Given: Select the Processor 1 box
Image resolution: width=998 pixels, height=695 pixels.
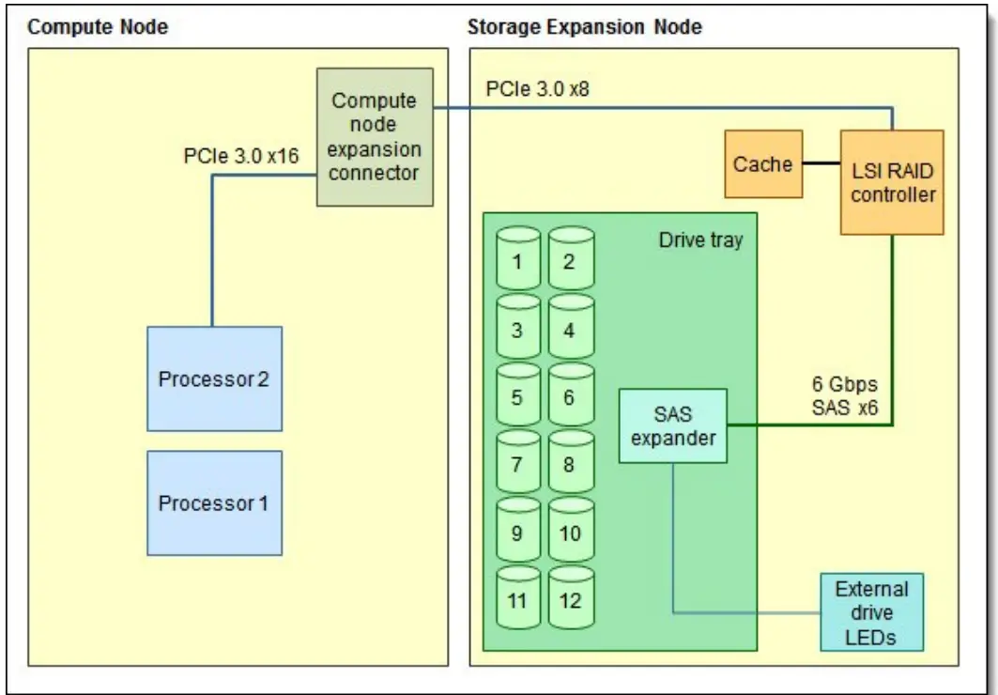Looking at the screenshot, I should (x=214, y=502).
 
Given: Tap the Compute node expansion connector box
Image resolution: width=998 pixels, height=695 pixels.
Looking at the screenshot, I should (x=375, y=137).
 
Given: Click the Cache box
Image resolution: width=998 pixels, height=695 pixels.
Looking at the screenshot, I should (x=763, y=164).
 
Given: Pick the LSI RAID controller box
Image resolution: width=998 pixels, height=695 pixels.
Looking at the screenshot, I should (x=893, y=181).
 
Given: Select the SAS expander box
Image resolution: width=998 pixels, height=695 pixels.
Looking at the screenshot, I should (x=673, y=425).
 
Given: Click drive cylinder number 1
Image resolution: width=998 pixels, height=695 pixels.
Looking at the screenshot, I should (x=517, y=260).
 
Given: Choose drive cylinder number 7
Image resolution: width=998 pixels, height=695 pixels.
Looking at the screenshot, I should (x=517, y=463).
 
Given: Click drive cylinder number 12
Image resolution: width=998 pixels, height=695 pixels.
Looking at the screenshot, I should (x=570, y=598).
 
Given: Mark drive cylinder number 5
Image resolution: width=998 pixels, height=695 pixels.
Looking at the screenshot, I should (x=517, y=395).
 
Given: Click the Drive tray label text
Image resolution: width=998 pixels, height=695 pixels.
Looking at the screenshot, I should (x=700, y=239).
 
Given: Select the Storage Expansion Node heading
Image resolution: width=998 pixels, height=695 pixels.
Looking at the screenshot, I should (x=584, y=27).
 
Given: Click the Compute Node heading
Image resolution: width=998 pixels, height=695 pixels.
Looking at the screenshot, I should (x=98, y=27).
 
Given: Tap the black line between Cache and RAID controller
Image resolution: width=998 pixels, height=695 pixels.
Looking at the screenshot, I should (x=822, y=164).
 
